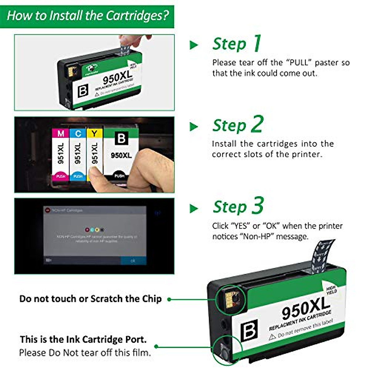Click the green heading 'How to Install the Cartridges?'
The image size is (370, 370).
pyautogui.click(x=88, y=15)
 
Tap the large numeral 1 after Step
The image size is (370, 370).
pyautogui.click(x=257, y=43)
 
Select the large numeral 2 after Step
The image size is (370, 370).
pyautogui.click(x=257, y=124)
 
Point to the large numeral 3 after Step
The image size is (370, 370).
pyautogui.click(x=257, y=206)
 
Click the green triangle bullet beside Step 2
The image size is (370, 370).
pyautogui.click(x=194, y=126)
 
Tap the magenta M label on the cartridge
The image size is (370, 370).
pyautogui.click(x=61, y=134)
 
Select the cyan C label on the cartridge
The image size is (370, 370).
pyautogui.click(x=78, y=134)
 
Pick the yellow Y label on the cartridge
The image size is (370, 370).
pyautogui.click(x=94, y=134)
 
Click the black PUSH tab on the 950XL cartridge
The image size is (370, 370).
pyautogui.click(x=119, y=175)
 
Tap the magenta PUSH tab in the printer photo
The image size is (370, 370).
pyautogui.click(x=61, y=176)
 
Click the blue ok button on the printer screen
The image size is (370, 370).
pyautogui.click(x=133, y=261)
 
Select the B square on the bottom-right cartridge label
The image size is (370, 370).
pyautogui.click(x=249, y=330)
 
